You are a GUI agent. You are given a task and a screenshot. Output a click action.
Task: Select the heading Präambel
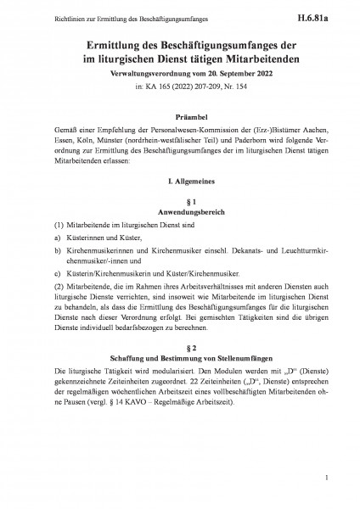[180, 120]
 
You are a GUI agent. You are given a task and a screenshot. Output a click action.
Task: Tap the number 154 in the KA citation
[239, 88]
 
